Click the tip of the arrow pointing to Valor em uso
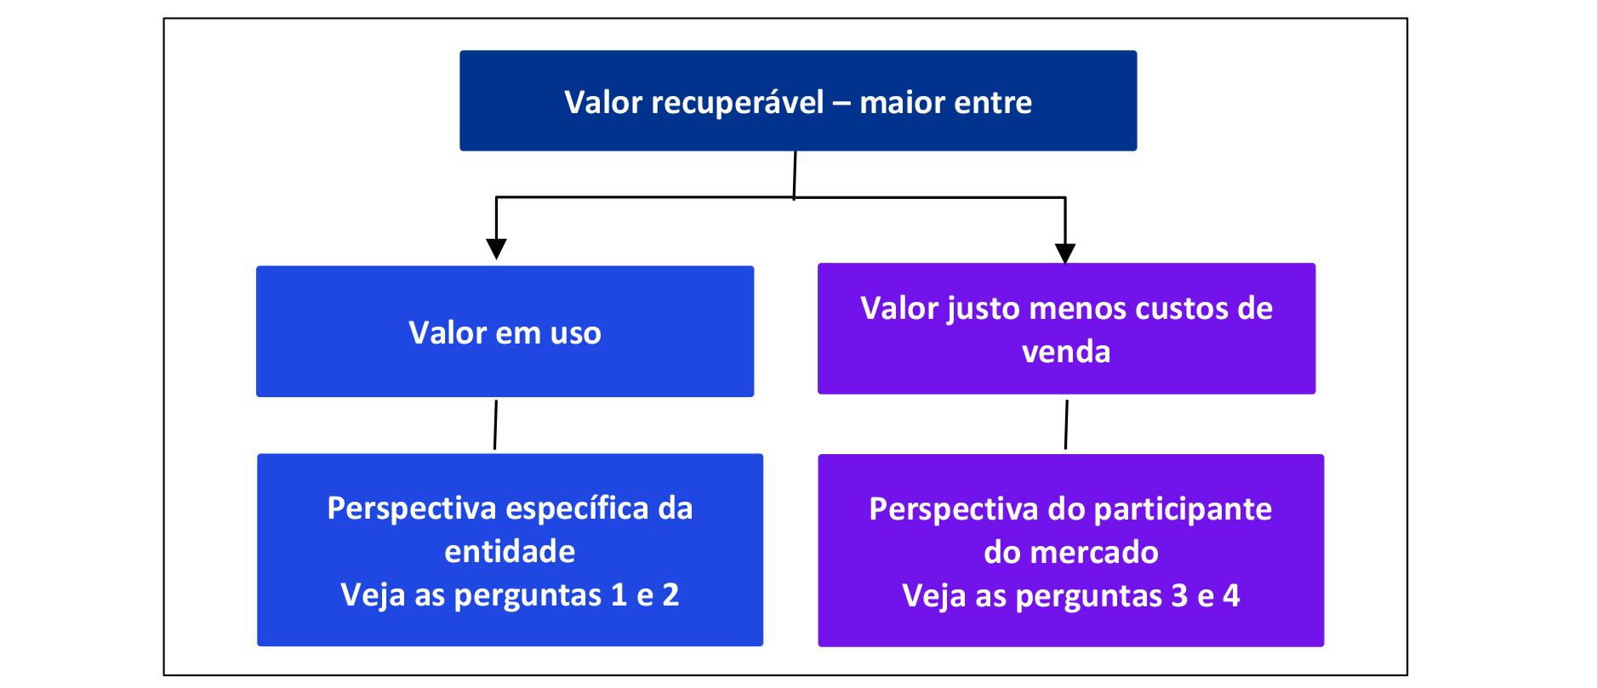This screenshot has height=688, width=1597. pyautogui.click(x=496, y=259)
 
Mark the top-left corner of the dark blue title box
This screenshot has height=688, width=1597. pyautogui.click(x=460, y=51)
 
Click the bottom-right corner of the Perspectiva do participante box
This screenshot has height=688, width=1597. pyautogui.click(x=1324, y=646)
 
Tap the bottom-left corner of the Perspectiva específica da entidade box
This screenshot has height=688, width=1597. pyautogui.click(x=258, y=645)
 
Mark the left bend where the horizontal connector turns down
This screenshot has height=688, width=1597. pyautogui.click(x=496, y=197)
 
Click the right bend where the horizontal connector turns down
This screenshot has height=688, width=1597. pyautogui.click(x=1065, y=198)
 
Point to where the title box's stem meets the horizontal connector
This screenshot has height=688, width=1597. pyautogui.click(x=794, y=197)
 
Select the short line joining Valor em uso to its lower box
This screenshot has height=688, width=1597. pyautogui.click(x=495, y=424)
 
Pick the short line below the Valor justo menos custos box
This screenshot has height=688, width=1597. pyautogui.click(x=1066, y=424)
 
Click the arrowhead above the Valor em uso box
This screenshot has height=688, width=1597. pyautogui.click(x=496, y=248)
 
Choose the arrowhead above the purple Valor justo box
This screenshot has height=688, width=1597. pyautogui.click(x=1065, y=253)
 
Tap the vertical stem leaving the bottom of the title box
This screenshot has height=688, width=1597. pyautogui.click(x=795, y=175)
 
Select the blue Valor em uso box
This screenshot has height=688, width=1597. pyautogui.click(x=505, y=332)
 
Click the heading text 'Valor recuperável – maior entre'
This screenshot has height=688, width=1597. pyautogui.click(x=798, y=102)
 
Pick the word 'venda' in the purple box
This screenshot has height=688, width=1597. pyautogui.click(x=1066, y=351)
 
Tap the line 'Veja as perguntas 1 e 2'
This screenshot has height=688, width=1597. pyautogui.click(x=510, y=595)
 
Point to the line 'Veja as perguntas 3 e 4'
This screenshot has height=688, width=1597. pyautogui.click(x=1071, y=596)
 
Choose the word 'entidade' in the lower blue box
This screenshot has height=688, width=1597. pyautogui.click(x=510, y=552)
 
